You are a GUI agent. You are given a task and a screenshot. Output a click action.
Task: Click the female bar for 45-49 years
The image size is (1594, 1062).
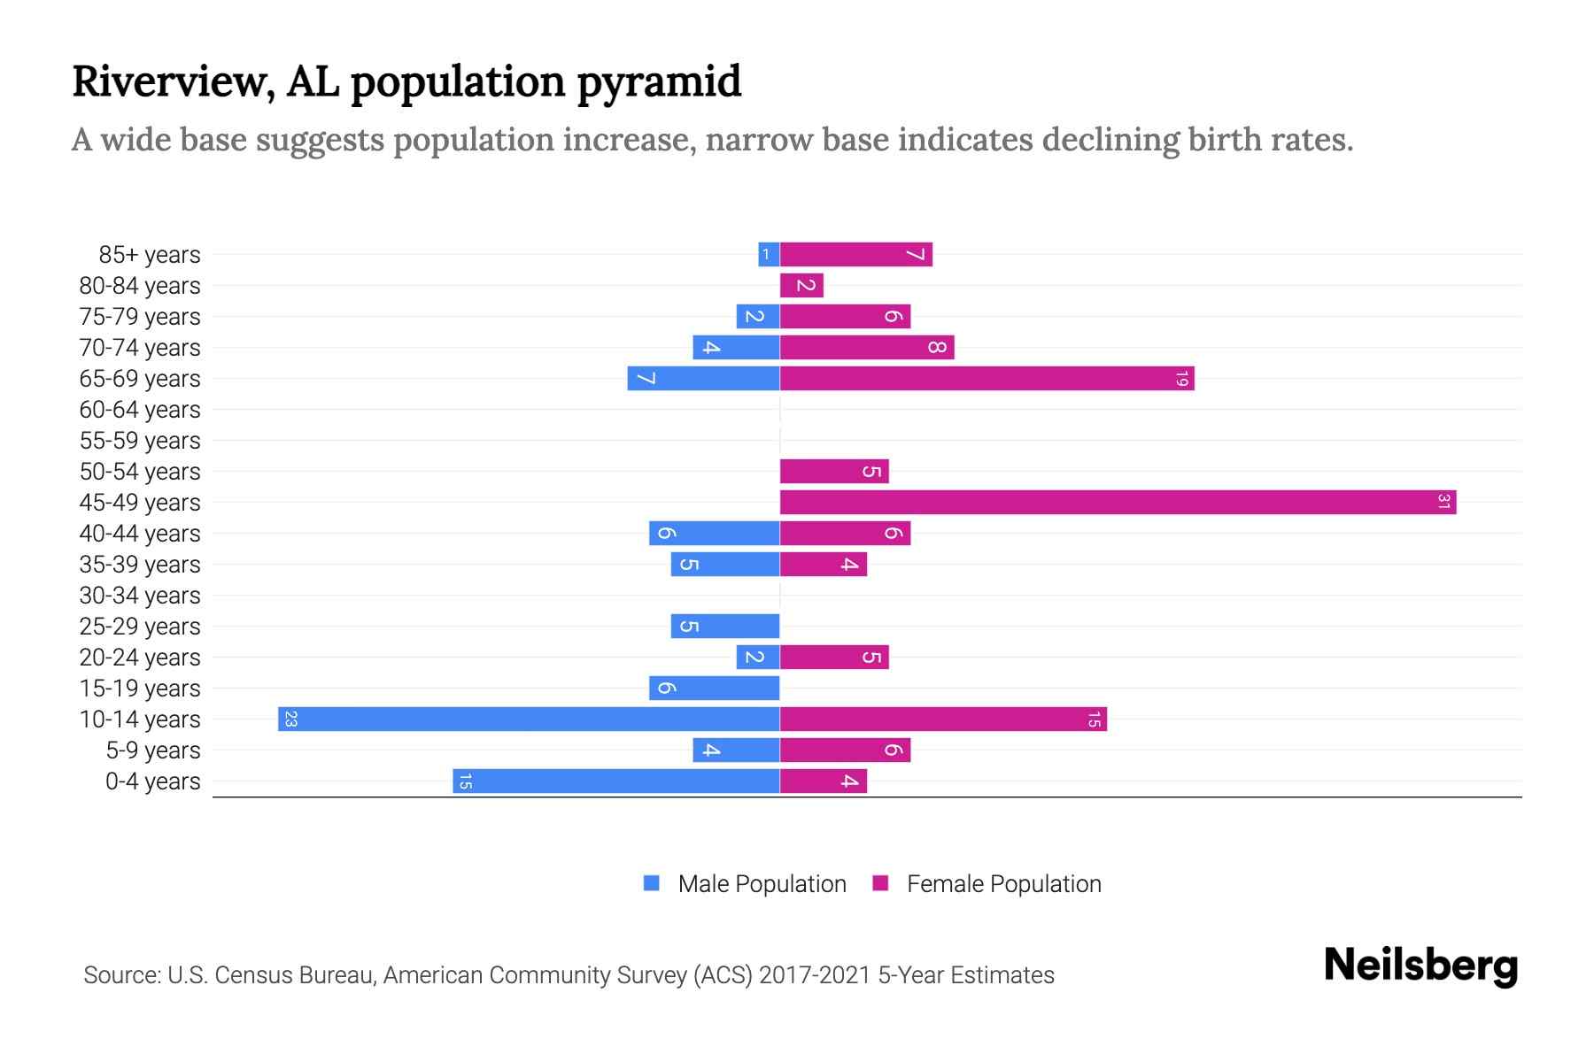1118,502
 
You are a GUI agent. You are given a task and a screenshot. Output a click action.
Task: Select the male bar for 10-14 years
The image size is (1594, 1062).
529,719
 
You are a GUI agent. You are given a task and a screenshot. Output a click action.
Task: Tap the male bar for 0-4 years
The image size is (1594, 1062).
615,781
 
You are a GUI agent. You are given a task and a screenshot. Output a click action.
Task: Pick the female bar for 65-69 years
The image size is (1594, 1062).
987,378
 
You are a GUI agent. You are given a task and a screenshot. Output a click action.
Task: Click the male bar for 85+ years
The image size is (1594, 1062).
769,254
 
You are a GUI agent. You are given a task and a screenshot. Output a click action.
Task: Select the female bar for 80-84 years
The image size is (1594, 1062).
801,285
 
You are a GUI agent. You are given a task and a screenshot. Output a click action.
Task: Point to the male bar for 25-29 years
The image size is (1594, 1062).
724,626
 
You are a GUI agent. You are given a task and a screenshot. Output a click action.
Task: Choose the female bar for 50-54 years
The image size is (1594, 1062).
833,471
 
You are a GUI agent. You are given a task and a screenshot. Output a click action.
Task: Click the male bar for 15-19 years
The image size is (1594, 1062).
714,688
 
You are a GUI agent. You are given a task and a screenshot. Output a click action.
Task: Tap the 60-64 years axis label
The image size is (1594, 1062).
140,410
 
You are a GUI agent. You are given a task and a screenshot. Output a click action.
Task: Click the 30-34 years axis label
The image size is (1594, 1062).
140,596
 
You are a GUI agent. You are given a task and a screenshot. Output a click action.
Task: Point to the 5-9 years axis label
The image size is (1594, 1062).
152,750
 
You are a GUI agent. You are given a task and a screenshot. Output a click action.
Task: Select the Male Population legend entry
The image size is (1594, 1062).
761,883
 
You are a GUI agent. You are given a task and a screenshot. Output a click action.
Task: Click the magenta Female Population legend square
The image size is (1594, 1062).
880,883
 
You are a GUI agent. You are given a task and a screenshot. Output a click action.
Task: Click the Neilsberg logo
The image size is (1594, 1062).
1420,966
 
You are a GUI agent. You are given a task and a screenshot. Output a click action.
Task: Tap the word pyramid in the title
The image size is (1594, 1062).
659,82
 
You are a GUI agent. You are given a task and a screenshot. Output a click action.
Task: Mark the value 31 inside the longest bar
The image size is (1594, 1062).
1443,502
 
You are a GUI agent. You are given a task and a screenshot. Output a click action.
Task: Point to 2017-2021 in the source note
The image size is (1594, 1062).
815,975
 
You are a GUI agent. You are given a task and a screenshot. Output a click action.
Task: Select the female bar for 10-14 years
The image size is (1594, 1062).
943,719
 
